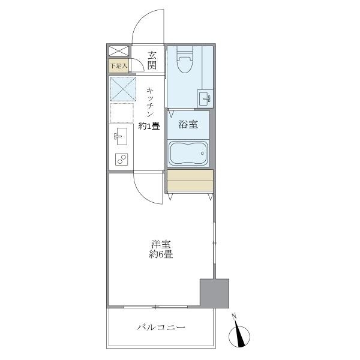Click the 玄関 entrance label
(152, 59)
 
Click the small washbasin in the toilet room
(204, 97)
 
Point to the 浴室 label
(188, 125)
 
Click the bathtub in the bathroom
(188, 154)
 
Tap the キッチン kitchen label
(151, 102)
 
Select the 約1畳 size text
(149, 126)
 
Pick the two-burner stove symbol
(121, 160)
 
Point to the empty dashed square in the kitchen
(121, 113)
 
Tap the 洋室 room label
(161, 244)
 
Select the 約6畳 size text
(161, 254)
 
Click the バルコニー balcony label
(161, 328)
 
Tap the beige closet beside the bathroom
(190, 181)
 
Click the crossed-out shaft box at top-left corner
(118, 51)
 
